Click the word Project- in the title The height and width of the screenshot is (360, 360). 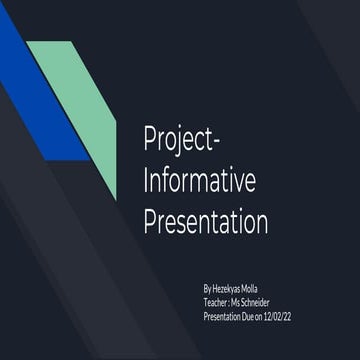[179, 139]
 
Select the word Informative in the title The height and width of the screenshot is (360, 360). [200, 181]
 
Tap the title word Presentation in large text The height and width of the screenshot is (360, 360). [207, 221]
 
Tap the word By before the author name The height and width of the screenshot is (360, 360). [207, 288]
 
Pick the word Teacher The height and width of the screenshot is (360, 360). [217, 301]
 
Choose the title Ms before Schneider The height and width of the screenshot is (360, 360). [244, 301]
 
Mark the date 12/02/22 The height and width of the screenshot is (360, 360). [291, 315]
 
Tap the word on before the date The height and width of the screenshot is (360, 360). [268, 315]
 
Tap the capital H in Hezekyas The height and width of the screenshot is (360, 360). [215, 288]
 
